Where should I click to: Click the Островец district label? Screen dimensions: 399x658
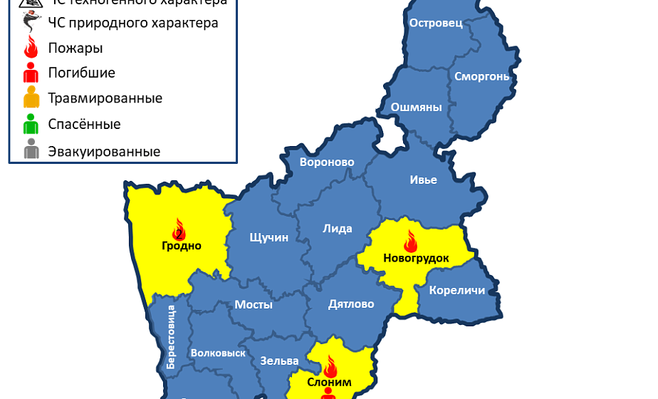(x=436, y=23)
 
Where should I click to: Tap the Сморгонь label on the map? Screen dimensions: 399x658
(x=481, y=76)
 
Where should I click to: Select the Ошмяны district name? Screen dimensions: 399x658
(x=416, y=108)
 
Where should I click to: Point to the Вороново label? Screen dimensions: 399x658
(x=327, y=162)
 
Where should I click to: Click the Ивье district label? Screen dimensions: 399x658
(x=423, y=180)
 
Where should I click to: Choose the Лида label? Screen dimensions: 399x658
(x=338, y=229)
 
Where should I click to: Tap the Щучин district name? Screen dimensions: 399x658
(x=269, y=237)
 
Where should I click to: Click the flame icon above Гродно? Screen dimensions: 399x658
(x=179, y=229)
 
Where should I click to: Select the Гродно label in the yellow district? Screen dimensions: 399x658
(x=181, y=246)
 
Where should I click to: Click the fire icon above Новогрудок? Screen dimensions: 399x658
(x=411, y=242)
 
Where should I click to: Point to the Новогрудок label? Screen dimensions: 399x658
(x=416, y=258)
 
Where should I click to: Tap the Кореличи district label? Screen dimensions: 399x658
(x=457, y=290)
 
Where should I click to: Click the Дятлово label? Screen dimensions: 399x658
(x=351, y=304)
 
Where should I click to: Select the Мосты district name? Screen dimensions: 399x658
(x=254, y=304)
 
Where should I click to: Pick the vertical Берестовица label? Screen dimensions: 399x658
(x=171, y=336)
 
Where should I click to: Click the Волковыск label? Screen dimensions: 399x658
(x=218, y=353)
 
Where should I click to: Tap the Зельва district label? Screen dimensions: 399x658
(x=274, y=361)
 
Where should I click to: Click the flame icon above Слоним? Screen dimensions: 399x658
(x=330, y=367)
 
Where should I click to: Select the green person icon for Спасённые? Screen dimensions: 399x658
(x=31, y=124)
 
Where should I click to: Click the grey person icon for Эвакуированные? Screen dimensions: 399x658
(x=31, y=150)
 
